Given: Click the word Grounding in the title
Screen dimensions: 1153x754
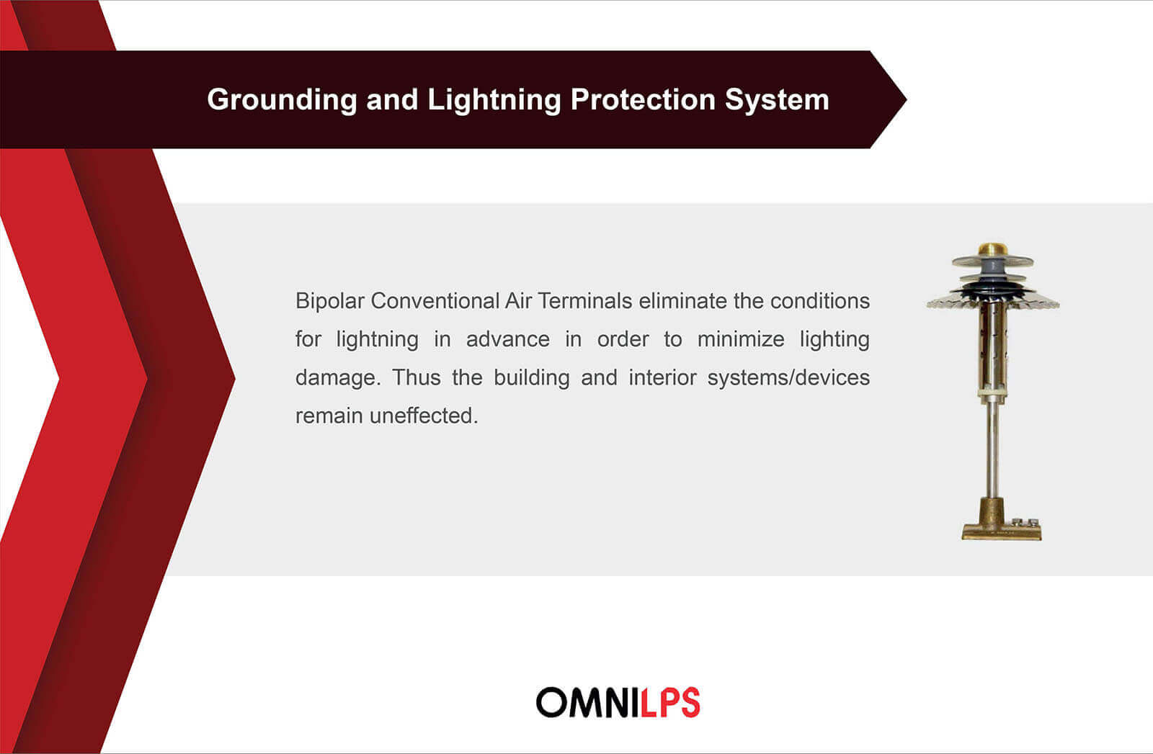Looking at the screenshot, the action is tap(282, 100).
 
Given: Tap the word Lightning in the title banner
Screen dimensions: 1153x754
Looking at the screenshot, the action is tap(494, 100).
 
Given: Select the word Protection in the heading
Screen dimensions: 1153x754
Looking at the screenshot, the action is tap(643, 99).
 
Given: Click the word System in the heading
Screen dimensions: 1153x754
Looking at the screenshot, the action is tap(778, 100).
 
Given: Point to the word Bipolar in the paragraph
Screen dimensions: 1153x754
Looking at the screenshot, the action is tap(329, 302).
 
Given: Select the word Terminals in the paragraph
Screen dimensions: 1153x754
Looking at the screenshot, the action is tap(584, 301).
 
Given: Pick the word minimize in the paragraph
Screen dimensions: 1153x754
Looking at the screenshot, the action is tap(741, 339).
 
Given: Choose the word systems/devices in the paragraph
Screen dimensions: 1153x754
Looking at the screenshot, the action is tap(788, 378).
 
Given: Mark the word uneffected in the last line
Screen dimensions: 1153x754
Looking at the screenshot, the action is tap(424, 416).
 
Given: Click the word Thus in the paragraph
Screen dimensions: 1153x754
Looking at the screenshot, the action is tap(417, 377).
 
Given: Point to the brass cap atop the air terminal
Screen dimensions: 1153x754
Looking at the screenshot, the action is tap(992, 249).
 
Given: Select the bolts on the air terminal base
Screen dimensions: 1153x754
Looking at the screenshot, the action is tap(1025, 522).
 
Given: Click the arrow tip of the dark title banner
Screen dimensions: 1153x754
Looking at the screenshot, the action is tap(906, 99).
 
